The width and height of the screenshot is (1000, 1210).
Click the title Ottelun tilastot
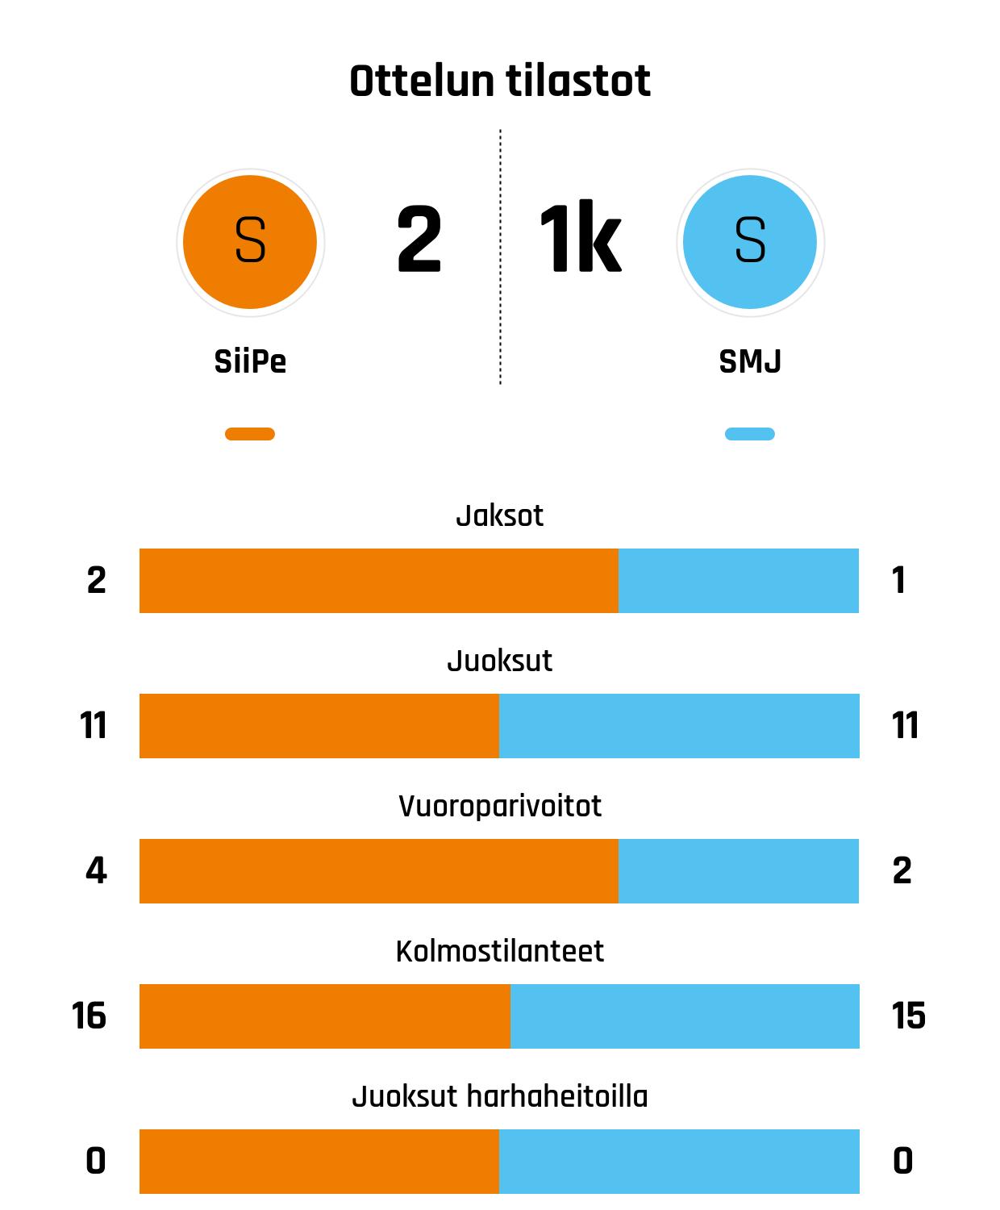499,81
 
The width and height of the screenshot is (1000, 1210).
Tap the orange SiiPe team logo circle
250,241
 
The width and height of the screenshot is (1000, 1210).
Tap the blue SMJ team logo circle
750,241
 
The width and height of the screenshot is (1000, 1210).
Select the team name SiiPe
250,361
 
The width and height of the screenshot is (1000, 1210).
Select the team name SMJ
750,361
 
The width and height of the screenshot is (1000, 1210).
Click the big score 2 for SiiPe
419,240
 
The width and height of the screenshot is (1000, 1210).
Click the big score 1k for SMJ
580,240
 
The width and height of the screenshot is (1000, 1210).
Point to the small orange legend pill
250,434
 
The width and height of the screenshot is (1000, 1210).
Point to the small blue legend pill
750,434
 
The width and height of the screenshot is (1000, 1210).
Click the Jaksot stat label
499,515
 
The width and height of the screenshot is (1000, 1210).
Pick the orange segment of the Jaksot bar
379,581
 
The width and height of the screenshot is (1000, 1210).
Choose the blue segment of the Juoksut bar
679,726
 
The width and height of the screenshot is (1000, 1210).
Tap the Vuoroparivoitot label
499,806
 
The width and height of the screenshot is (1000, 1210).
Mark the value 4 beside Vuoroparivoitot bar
96,871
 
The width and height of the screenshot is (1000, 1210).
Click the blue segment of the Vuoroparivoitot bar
739,871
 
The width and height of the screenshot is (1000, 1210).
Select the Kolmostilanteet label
499,951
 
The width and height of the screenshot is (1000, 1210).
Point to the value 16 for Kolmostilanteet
89,1016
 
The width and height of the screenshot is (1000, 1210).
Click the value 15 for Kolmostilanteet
908,1016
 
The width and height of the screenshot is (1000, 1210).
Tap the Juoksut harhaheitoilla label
499,1096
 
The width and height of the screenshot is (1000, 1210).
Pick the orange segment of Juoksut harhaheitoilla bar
319,1162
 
